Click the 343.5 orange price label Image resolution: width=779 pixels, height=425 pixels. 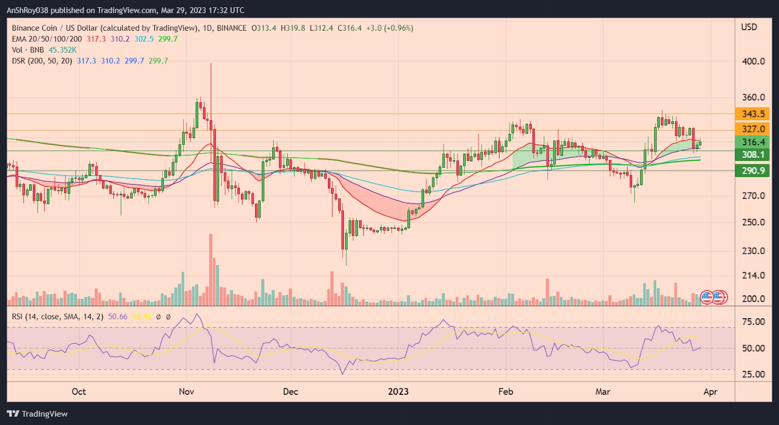[x=753, y=114]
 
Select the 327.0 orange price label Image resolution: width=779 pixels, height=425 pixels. [x=753, y=129]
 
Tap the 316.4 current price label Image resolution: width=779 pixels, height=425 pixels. [x=753, y=142]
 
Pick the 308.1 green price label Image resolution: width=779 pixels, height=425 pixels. [x=753, y=155]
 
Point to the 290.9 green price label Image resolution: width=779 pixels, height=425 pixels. [x=753, y=171]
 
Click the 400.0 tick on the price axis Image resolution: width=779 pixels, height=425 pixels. [x=753, y=61]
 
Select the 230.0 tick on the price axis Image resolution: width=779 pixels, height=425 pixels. [x=753, y=251]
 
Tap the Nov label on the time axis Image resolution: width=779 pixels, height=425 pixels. [x=186, y=392]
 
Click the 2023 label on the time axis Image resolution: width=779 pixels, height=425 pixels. [x=398, y=392]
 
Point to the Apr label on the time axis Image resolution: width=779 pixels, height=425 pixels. [x=710, y=392]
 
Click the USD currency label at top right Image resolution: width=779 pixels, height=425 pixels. [x=749, y=27]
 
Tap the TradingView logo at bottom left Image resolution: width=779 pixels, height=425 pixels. [x=37, y=414]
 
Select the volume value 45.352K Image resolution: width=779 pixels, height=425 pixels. [x=62, y=50]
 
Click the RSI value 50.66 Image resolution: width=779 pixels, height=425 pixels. [x=117, y=317]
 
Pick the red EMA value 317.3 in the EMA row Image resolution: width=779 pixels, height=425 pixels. [x=96, y=39]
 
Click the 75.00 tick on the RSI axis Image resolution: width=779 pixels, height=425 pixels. [x=753, y=322]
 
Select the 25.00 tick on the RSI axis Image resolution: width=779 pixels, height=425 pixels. [x=753, y=374]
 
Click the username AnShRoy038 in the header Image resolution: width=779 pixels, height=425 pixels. [x=27, y=10]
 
